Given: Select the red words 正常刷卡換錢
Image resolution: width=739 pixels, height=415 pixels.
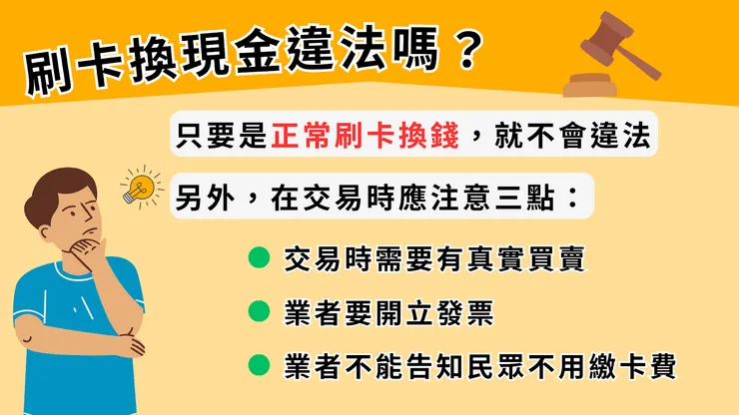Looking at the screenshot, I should (365, 136).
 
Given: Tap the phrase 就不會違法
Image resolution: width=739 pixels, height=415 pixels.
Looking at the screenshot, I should (566, 136).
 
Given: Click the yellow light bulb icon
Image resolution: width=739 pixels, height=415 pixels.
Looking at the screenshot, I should (141, 187).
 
